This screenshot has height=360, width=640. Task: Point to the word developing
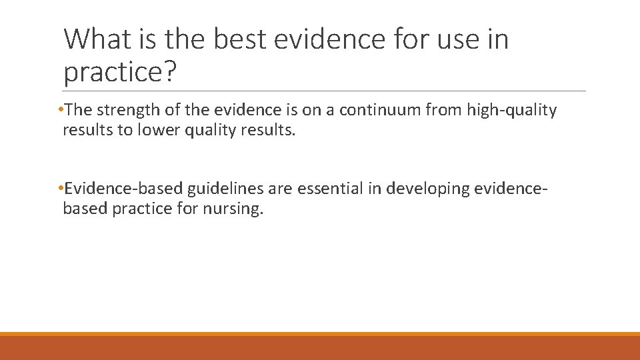pos(420,189)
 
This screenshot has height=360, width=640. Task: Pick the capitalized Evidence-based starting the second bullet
pos(123,189)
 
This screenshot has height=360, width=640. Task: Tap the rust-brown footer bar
pos(320,348)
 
